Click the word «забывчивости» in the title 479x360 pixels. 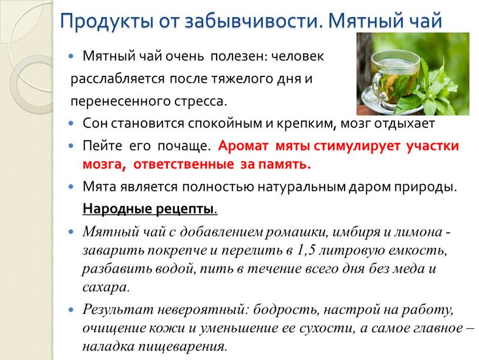[254, 21]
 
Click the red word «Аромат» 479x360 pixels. [243, 146]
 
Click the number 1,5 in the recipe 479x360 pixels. [305, 251]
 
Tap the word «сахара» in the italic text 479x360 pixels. [104, 287]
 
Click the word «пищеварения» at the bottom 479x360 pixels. [182, 347]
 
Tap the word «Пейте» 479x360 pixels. [103, 146]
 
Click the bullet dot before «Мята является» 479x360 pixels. [71, 187]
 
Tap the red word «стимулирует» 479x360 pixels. [356, 146]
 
